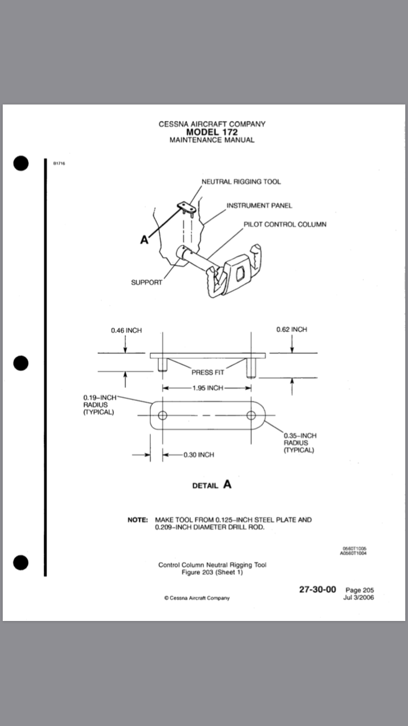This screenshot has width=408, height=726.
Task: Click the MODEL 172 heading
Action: tap(212, 132)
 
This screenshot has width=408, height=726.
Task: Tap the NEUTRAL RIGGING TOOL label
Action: tap(242, 181)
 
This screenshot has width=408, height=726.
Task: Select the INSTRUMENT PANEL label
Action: tap(259, 205)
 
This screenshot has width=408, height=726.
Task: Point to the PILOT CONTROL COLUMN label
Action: tap(285, 224)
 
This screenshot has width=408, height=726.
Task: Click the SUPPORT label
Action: tap(146, 282)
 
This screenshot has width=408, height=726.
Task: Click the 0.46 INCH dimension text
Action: tap(126, 330)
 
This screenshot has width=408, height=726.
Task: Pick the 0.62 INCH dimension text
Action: tap(292, 329)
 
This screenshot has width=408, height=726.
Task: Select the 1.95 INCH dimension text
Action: tap(207, 388)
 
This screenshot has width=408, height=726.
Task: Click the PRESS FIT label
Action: tap(207, 372)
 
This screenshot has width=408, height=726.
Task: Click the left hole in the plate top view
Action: tap(162, 416)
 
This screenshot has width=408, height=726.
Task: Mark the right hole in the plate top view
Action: tap(251, 416)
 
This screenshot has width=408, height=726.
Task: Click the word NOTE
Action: tap(138, 520)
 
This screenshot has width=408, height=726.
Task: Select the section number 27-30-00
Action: tap(318, 589)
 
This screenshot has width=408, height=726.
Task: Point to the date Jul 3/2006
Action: tap(358, 597)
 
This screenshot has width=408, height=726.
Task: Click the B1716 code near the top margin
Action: tap(59, 163)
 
